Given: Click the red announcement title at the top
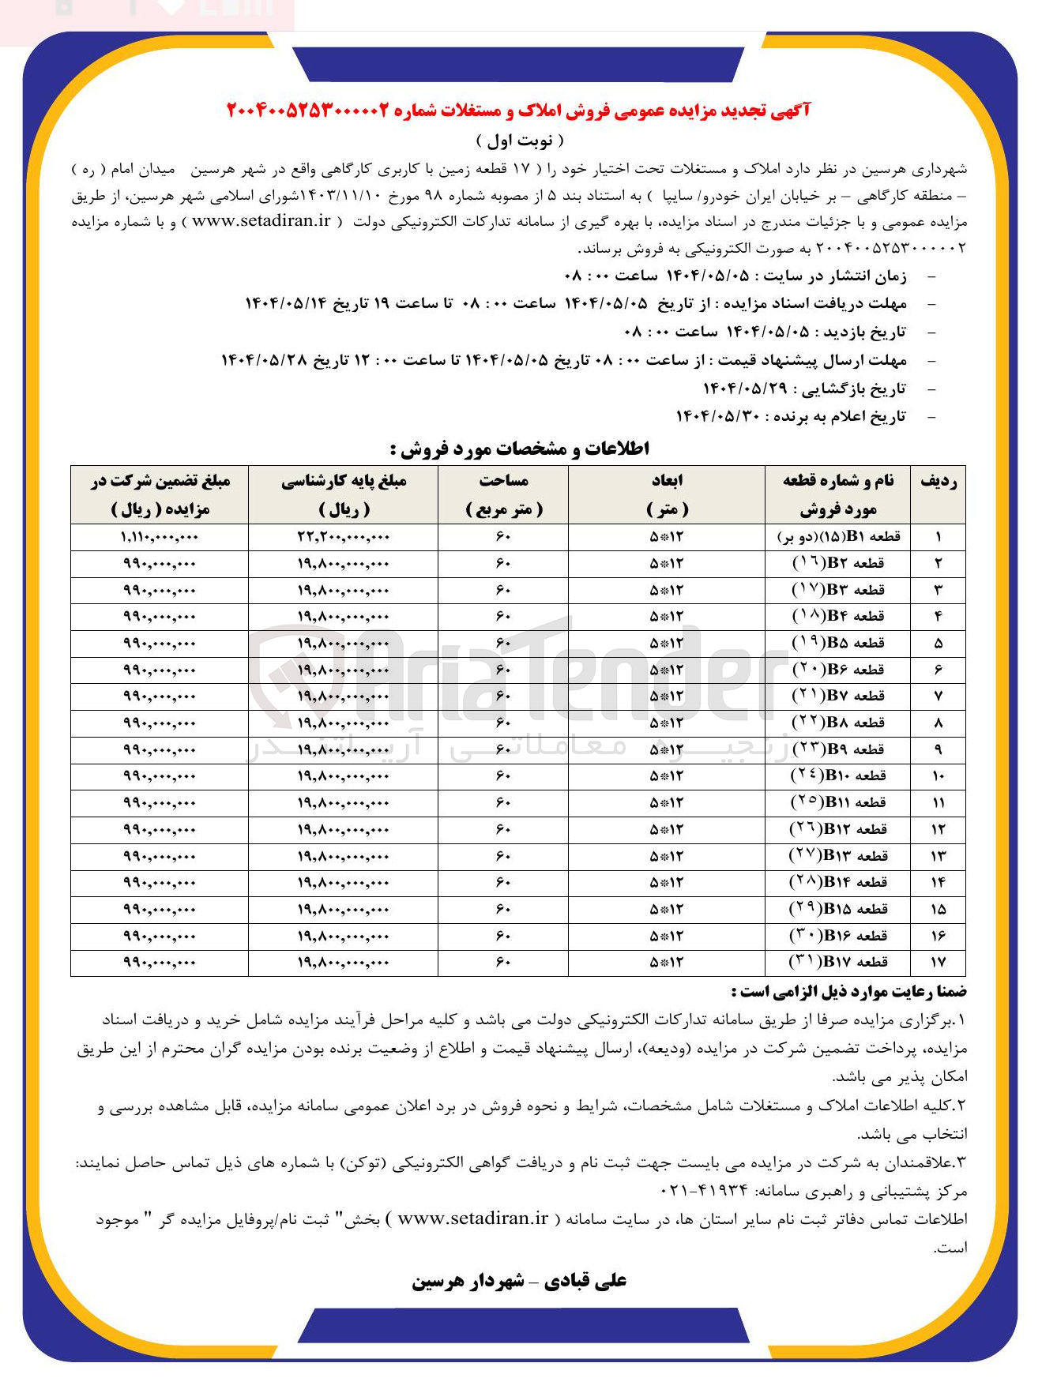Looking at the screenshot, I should coord(518,111).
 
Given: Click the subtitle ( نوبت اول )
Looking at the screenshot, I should coord(521,141).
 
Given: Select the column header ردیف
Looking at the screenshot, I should coord(938,482).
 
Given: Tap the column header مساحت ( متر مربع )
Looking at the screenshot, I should coord(503,494).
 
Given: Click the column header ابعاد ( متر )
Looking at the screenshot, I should coord(666,494).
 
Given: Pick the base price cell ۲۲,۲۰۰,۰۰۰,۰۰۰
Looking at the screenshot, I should coord(344,537).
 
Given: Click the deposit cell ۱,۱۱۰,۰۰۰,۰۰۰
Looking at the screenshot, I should coord(160,537).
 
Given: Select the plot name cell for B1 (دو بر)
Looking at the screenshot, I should coord(838,537).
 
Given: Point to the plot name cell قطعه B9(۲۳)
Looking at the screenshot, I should coord(838,749).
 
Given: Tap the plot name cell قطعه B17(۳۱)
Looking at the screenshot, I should coord(838,962).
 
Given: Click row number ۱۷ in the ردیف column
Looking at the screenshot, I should coord(938,962).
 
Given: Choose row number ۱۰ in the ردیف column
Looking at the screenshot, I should coord(938,776).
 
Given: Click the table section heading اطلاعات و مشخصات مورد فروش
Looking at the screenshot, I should coord(520,449).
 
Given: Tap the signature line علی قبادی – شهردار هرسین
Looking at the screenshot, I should coord(519,1281).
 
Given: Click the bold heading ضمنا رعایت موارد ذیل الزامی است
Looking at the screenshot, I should coord(848,992).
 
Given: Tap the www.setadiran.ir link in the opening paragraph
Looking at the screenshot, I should coord(261,221).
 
